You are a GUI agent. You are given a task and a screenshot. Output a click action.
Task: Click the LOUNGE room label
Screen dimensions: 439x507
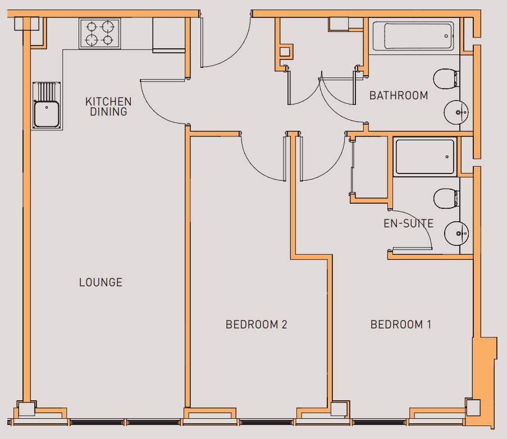pos(101,282)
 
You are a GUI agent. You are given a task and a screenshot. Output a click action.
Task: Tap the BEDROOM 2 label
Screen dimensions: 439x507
pos(257,324)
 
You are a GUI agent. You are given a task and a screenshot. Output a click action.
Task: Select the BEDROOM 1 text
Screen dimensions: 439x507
pos(401,324)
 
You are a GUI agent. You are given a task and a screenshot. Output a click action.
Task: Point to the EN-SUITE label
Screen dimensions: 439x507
pos(408,223)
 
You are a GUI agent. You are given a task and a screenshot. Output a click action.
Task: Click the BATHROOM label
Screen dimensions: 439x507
pos(399,95)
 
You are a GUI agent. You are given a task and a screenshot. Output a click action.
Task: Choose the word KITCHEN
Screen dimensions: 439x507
pos(108,102)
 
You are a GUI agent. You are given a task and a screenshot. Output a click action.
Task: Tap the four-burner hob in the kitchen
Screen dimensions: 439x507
pos(100,33)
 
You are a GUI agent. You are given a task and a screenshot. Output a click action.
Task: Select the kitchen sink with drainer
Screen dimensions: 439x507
pos(47,107)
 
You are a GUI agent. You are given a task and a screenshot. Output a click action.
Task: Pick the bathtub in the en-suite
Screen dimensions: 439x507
pos(425,157)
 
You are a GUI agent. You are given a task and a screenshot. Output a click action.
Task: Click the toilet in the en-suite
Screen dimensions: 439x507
pos(446,198)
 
